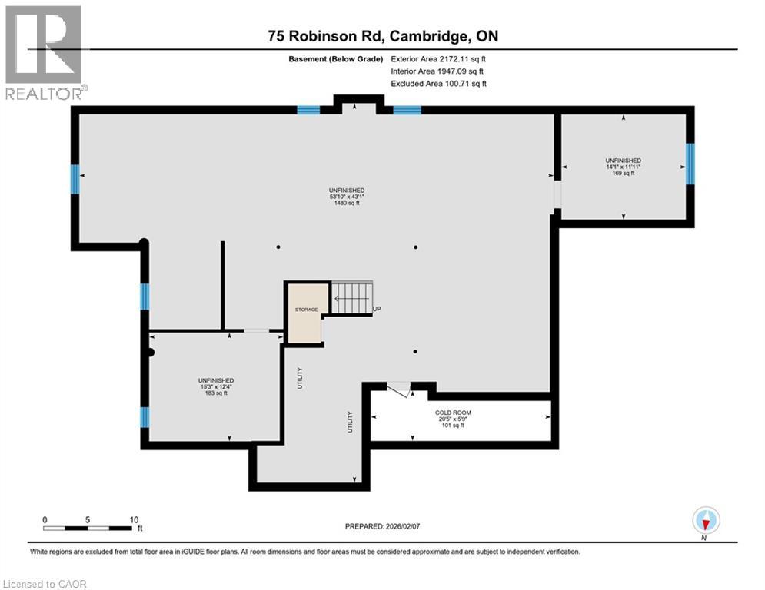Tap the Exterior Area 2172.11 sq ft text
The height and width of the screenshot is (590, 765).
tap(439, 58)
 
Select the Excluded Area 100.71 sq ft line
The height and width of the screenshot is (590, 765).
tap(439, 83)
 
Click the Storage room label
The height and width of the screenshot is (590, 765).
tap(306, 310)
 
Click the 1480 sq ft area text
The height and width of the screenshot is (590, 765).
tap(346, 204)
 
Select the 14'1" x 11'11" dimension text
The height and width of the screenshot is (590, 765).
tap(623, 167)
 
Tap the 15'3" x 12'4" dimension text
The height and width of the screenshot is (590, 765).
tap(215, 386)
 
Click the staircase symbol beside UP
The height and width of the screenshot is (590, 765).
tap(351, 298)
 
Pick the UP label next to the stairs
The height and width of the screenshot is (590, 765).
tap(377, 310)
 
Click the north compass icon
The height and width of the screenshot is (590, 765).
tap(705, 520)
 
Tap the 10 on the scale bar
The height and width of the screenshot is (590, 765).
tap(133, 519)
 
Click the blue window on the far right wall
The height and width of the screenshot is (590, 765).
tap(690, 164)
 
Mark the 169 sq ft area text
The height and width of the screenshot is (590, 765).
tap(623, 174)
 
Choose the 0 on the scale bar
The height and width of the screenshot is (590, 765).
tap(45, 519)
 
